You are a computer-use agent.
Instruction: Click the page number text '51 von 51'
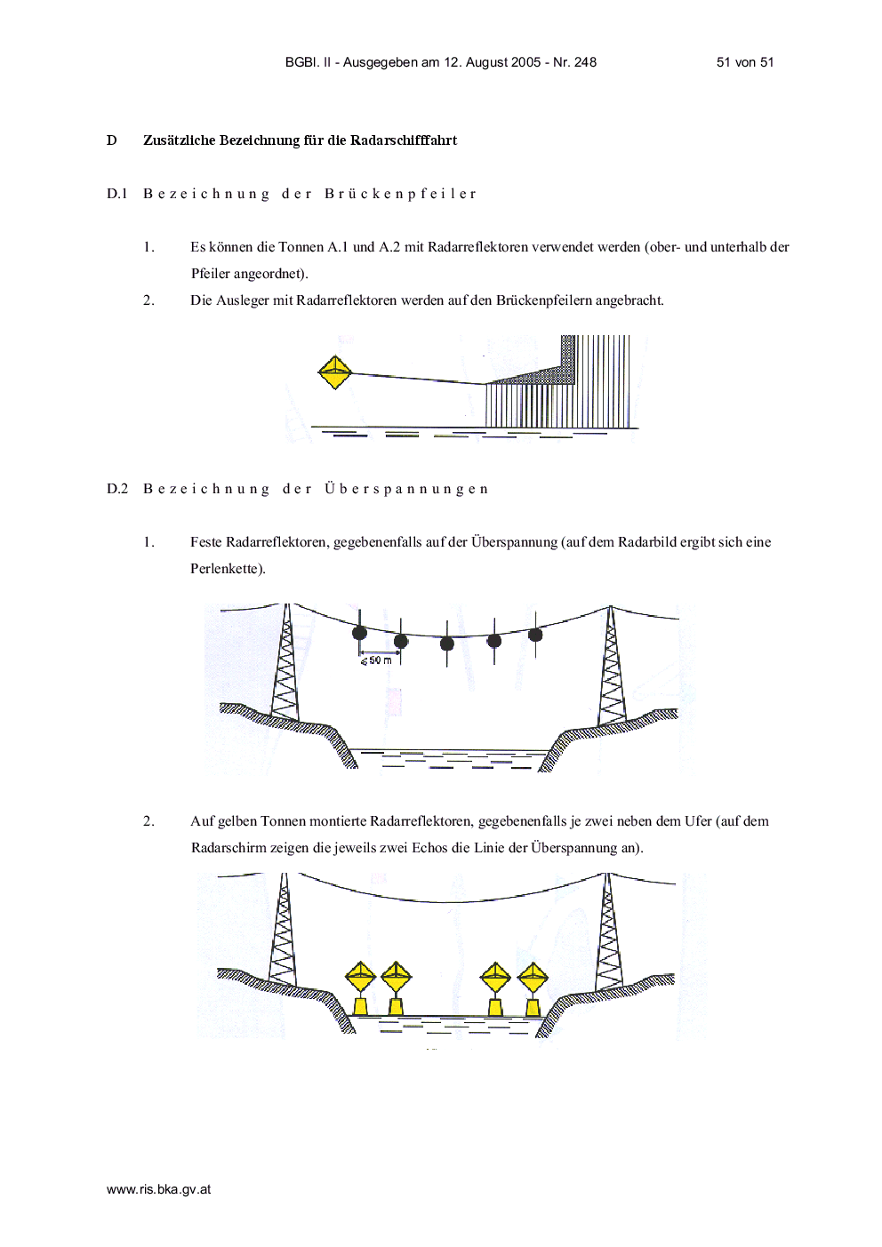[x=745, y=62]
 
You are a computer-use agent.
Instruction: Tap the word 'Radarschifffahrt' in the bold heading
[x=403, y=140]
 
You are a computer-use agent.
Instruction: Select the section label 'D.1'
[x=117, y=194]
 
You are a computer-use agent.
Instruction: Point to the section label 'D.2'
[x=117, y=489]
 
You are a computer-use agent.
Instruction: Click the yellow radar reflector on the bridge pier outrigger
[x=334, y=372]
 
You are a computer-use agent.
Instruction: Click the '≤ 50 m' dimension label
[x=376, y=660]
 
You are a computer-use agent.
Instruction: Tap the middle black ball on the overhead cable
[x=447, y=644]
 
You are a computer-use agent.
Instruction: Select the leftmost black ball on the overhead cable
[x=360, y=633]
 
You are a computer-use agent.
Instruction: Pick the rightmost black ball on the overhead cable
[x=535, y=635]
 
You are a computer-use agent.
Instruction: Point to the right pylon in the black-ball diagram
[x=612, y=666]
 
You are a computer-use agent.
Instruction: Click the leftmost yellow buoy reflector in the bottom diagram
[x=360, y=987]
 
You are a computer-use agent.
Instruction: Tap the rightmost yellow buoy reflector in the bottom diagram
[x=533, y=988]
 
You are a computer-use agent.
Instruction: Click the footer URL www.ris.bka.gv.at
[x=158, y=1189]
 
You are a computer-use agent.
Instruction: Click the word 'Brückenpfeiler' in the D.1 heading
[x=400, y=194]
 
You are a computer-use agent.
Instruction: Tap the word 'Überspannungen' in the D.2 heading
[x=406, y=488]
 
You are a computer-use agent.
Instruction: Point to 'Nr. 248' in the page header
[x=574, y=62]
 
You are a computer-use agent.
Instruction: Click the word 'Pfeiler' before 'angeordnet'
[x=210, y=274]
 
